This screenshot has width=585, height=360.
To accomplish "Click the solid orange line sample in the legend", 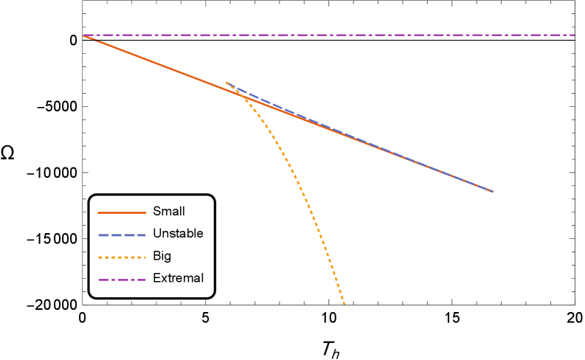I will pos(122,212).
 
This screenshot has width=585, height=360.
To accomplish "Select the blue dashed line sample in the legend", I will pos(122,235).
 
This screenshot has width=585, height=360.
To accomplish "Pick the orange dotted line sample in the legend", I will pos(122,257).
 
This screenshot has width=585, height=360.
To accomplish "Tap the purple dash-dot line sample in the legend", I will pos(122,280).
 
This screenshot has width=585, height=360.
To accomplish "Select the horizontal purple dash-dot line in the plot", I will pos(332,35).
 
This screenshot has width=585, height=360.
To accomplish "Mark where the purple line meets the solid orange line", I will pos(84,35).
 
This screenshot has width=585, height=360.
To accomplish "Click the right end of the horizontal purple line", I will pos(575,35).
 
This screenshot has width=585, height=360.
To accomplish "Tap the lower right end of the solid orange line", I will pos(492,191).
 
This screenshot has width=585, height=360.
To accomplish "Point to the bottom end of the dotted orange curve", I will pos(345,303).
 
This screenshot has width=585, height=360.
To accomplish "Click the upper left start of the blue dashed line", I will pos(226,82).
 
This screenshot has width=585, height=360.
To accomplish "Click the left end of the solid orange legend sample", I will pos(98,212).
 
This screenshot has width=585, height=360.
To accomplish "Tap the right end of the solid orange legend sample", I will pos(146,212).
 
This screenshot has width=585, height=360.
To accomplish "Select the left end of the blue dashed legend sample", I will pos(98,235).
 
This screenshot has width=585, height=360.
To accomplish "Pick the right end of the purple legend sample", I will pos(146,280).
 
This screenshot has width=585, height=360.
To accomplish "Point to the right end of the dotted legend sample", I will pos(146,257).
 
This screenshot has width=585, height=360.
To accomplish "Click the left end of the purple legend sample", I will pos(98,280).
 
